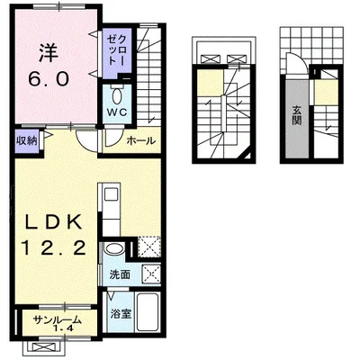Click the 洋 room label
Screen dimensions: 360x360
point(48,53)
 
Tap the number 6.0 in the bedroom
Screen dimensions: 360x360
point(49,79)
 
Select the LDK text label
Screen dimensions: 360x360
point(53,222)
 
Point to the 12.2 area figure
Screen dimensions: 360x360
point(54,248)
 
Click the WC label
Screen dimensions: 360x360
point(118,112)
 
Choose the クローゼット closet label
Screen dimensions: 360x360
point(116,49)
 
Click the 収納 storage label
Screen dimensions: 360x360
point(27,140)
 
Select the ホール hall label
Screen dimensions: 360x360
point(141,140)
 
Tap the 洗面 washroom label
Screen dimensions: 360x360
point(120,274)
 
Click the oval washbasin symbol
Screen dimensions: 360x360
point(113,249)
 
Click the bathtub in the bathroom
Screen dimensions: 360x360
point(148,311)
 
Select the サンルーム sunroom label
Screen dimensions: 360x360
point(57,319)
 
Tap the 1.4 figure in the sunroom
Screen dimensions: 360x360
point(64,328)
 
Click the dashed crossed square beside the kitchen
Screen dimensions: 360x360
point(149,247)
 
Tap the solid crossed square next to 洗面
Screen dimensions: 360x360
point(151,274)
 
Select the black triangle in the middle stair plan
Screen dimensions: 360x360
point(247,156)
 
